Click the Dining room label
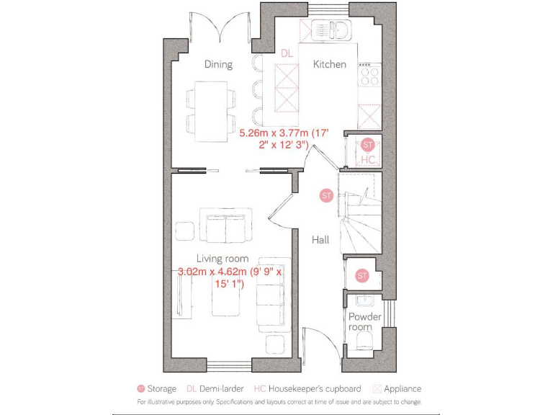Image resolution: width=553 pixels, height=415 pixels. pos(218,64)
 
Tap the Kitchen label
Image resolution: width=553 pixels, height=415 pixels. pos(329,64)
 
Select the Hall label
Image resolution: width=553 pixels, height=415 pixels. pos(320,239)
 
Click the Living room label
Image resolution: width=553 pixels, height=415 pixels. pos(222,258)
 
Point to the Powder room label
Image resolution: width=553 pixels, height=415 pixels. pos(365,321)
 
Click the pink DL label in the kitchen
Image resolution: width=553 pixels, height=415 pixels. pos(287,53)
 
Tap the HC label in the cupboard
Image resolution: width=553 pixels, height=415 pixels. pos(368,159)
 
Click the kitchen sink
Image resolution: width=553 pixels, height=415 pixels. pos(338,30)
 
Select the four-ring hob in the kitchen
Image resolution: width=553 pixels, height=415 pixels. pos(369,76)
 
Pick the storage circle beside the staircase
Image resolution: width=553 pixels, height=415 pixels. pos(326,195)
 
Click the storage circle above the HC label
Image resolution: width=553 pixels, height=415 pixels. pos(369,144)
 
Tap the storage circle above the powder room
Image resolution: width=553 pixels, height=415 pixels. pos(362,275)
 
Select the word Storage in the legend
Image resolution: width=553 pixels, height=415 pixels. pos(161,388)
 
